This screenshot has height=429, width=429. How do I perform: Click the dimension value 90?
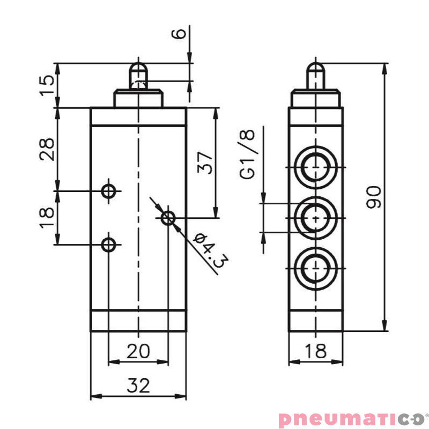coord(373,197)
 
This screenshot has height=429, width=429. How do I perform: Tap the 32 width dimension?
coord(138,385)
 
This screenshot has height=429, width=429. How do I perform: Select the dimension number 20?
coord(138,351)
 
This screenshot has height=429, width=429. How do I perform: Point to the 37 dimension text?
coord(205,161)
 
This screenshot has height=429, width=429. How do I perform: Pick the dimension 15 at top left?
coord(47,85)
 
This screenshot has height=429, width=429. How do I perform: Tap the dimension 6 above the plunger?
coord(181,33)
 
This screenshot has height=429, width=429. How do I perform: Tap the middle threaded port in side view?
coord(316,218)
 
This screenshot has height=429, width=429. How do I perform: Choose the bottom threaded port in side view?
coord(316,268)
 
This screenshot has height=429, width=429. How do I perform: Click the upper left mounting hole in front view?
coord(109,190)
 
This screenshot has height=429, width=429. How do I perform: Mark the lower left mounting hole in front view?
coord(109,245)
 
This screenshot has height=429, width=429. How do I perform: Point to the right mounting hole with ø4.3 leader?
coord(168,218)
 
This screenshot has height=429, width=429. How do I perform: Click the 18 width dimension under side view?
coord(315,351)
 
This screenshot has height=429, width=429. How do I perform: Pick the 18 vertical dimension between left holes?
coord(47,217)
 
